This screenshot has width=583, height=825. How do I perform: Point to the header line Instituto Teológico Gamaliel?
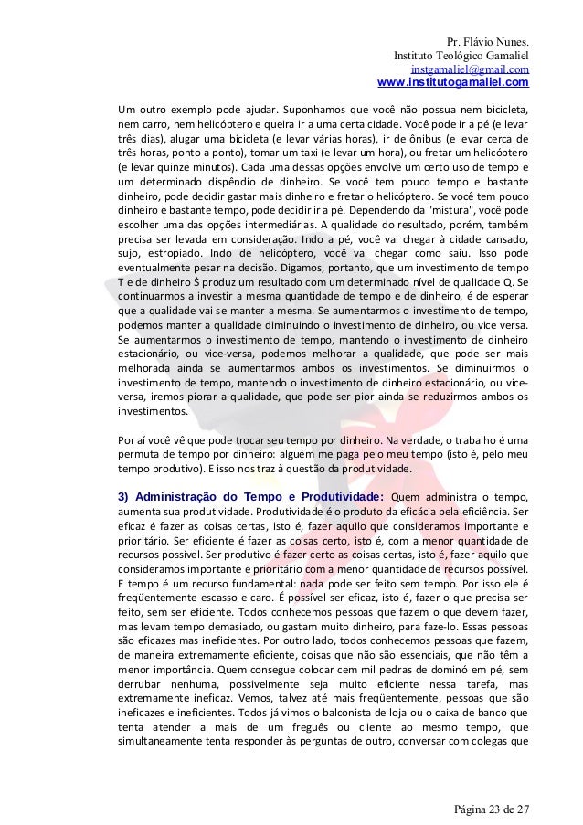tap(460, 57)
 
